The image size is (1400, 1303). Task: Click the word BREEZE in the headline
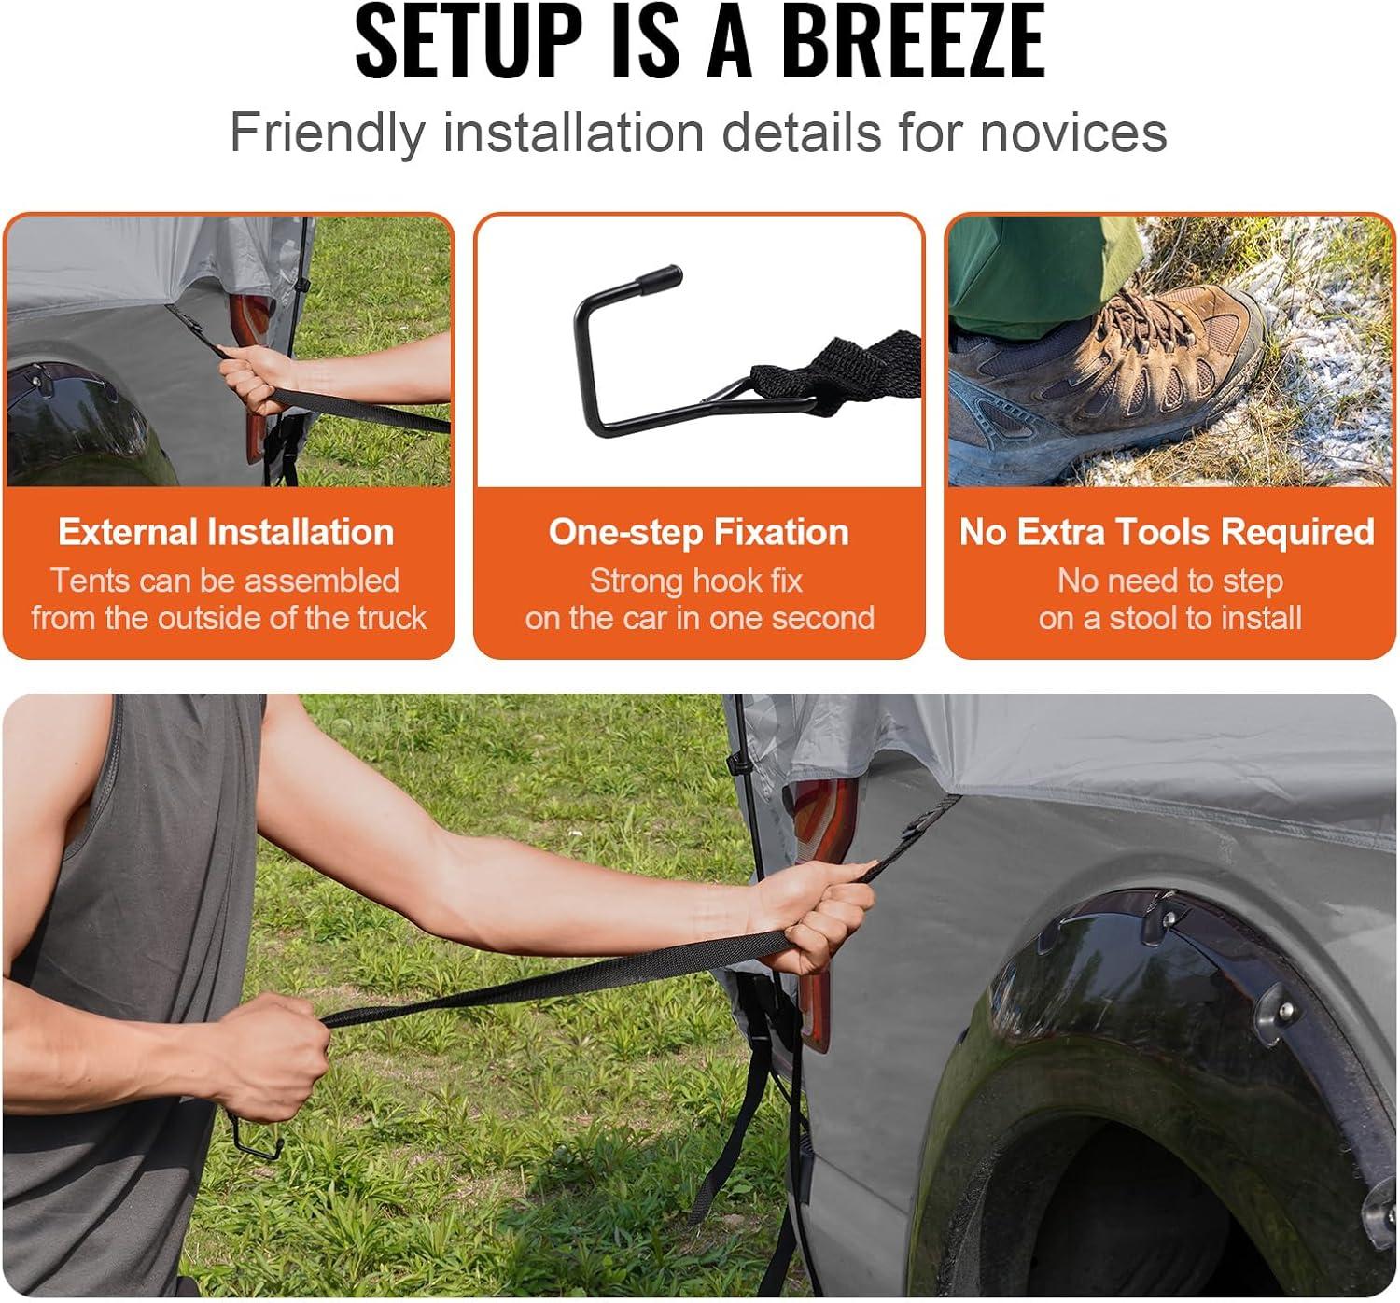914,41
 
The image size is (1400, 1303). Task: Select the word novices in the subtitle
1073,133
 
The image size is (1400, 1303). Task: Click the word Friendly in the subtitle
328,133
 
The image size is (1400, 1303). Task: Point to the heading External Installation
226,532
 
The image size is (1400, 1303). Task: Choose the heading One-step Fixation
698,532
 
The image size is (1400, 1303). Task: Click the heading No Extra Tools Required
1167,532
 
